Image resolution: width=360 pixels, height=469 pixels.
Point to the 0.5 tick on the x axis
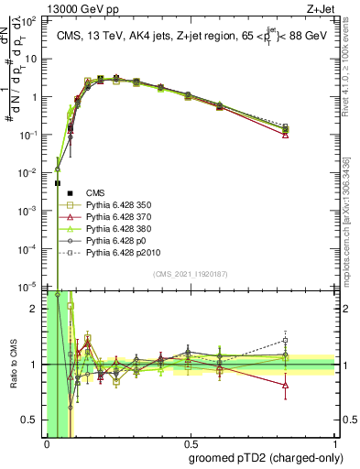coord(191,443)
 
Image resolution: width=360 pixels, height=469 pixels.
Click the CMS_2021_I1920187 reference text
coord(191,274)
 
